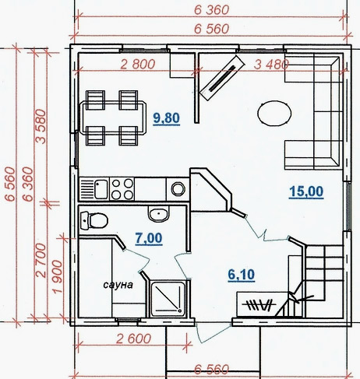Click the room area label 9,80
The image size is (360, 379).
[166, 118]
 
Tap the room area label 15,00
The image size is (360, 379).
[306, 191]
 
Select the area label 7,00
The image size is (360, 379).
[149, 238]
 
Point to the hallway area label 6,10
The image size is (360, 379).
[242, 275]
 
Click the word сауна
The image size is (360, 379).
[118, 285]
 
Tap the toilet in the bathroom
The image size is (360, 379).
[94, 220]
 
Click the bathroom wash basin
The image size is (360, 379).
[159, 214]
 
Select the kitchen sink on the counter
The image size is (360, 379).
[94, 189]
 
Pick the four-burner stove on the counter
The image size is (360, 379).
[122, 189]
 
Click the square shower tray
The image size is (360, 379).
[168, 300]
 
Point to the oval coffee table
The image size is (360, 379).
[274, 114]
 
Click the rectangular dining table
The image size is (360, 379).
[113, 118]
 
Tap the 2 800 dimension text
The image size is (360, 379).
[138, 64]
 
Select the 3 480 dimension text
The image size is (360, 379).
[271, 65]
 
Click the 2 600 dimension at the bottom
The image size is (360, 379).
[133, 339]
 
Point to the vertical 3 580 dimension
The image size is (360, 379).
[41, 127]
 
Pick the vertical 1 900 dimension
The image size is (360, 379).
[58, 277]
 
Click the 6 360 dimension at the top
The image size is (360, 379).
[212, 10]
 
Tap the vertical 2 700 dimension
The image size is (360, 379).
[41, 260]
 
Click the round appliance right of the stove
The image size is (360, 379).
[178, 188]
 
